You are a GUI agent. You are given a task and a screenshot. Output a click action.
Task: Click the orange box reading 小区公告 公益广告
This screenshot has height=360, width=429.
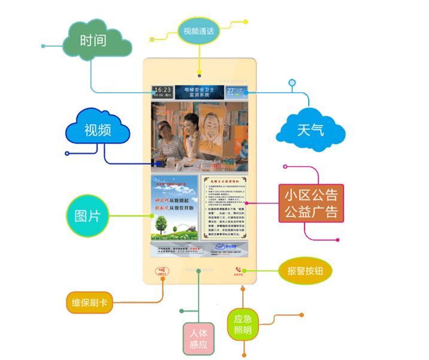[311, 203]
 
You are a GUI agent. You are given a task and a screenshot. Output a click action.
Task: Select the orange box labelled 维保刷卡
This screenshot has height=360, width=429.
[89, 303]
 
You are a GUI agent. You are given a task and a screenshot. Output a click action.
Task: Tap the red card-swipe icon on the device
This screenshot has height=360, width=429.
[160, 271]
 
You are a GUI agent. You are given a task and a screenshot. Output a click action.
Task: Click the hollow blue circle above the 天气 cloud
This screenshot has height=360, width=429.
[292, 82]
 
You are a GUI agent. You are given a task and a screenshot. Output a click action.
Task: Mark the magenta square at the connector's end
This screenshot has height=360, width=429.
[338, 240]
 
